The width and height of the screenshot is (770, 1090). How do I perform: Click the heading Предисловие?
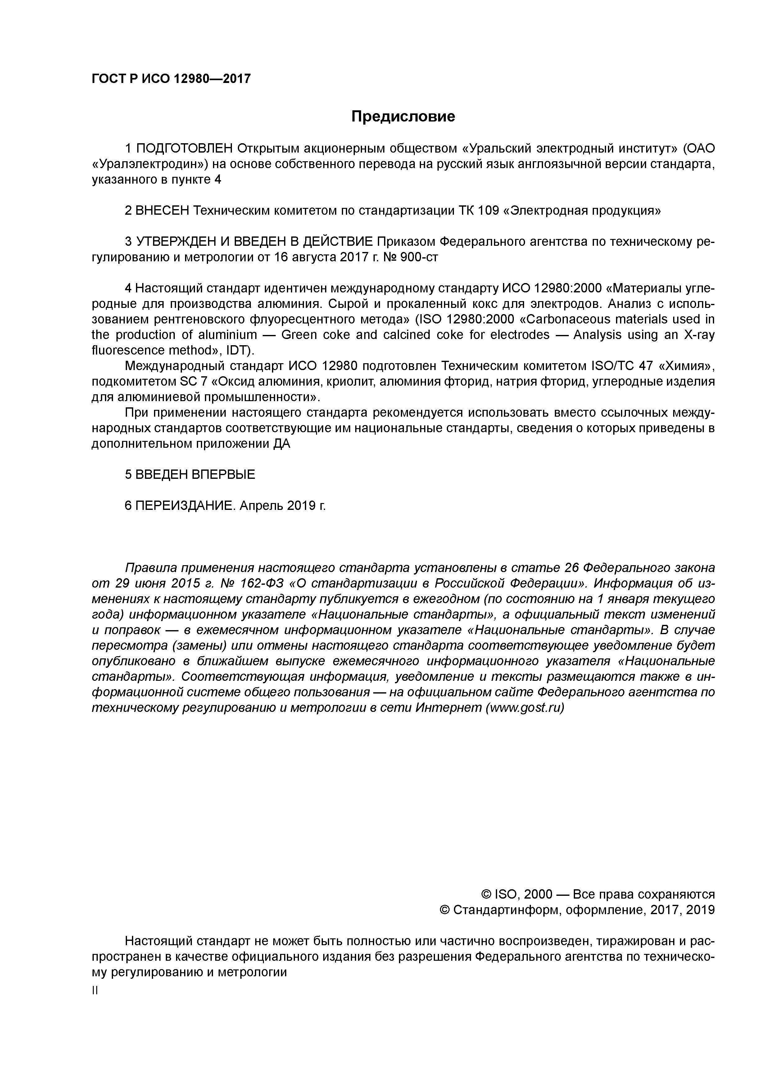tap(403, 116)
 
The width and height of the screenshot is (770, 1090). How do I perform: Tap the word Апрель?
tap(261, 506)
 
